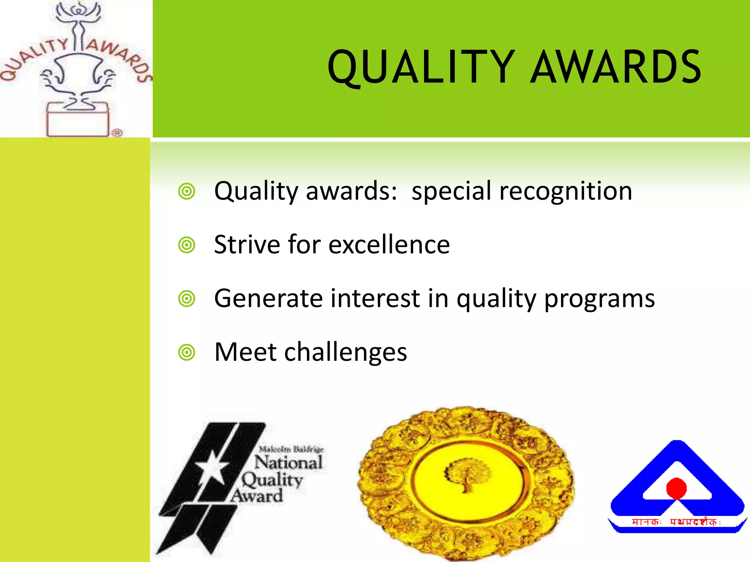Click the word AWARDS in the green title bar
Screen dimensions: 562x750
coord(616,68)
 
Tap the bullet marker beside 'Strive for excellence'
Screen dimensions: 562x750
coord(187,245)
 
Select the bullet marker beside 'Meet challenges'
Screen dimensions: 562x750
coord(187,352)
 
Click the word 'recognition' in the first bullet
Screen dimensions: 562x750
coord(565,191)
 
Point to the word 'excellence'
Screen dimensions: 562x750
coord(389,245)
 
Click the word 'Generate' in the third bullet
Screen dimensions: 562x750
coord(268,298)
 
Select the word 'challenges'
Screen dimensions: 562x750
coord(345,352)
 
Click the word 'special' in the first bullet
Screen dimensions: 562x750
coord(451,191)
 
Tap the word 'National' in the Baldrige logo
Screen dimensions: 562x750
coord(289,463)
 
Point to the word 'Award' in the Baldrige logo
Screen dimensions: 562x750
coord(257,496)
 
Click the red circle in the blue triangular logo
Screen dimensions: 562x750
coord(676,488)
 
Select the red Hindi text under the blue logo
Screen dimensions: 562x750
coord(676,522)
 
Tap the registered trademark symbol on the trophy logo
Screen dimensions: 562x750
coord(117,133)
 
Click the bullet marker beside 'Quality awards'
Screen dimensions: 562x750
coord(187,191)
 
